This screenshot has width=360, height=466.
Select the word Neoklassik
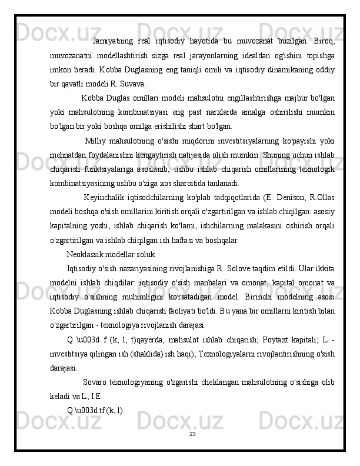87,255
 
